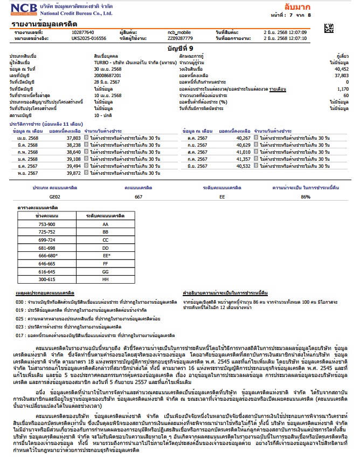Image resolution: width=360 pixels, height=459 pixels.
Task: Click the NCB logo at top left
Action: pyautogui.click(x=19, y=9)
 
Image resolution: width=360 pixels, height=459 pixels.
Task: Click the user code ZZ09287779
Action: pyautogui.click(x=179, y=38)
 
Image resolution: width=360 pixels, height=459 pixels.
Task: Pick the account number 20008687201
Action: pyautogui.click(x=108, y=76)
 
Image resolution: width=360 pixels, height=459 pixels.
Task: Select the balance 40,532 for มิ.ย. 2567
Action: pyautogui.click(x=240, y=166)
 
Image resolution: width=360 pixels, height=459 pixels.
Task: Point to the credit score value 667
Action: pyautogui.click(x=139, y=197)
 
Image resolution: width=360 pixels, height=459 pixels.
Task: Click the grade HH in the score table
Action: pyautogui.click(x=106, y=280)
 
